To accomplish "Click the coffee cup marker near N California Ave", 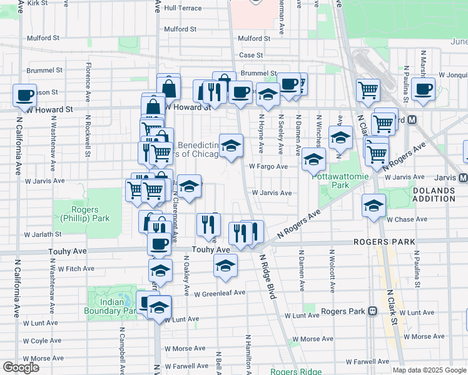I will [x=25, y=96].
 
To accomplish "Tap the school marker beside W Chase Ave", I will [x=374, y=205].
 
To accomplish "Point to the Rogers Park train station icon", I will [x=372, y=311].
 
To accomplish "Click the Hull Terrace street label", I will [x=183, y=8].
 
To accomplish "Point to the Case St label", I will [x=250, y=55].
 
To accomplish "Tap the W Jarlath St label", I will [x=43, y=234].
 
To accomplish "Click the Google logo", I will [x=21, y=367].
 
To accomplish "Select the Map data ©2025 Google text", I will [x=429, y=370].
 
